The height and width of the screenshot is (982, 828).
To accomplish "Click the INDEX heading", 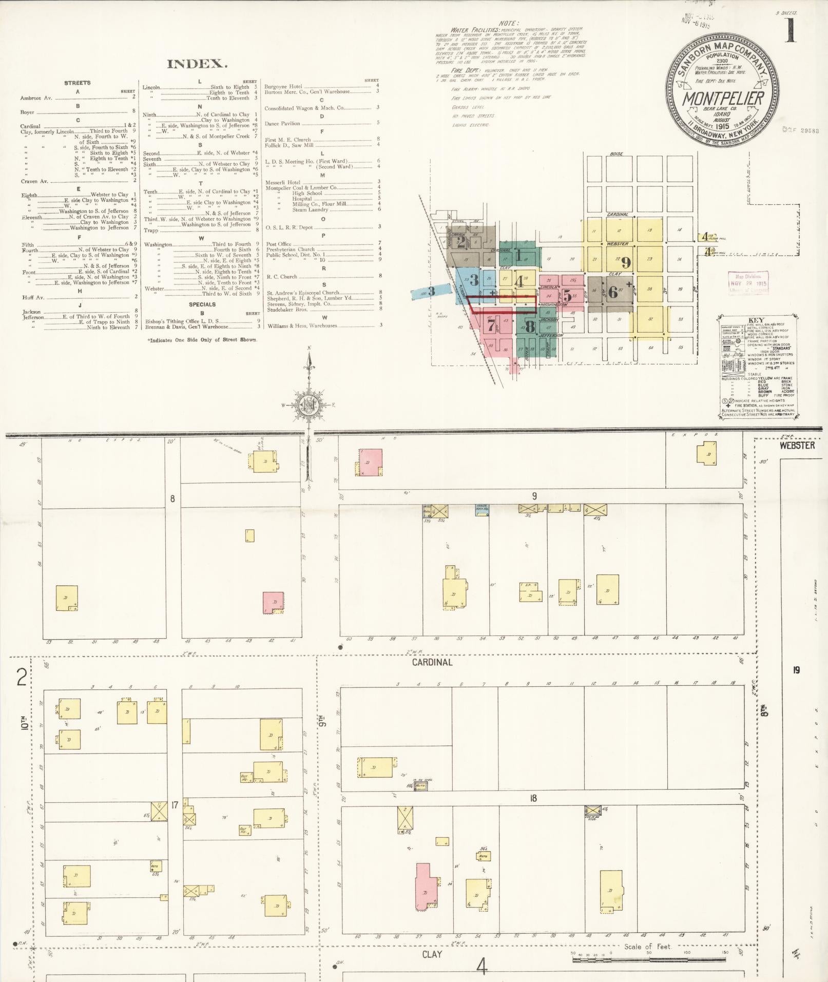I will (196, 64).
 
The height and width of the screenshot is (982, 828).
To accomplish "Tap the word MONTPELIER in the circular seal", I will (723, 98).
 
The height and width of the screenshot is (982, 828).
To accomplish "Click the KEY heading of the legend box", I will (756, 320).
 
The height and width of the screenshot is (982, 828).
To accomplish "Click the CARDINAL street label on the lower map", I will (432, 662).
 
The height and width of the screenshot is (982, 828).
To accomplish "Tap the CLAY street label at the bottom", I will (432, 954).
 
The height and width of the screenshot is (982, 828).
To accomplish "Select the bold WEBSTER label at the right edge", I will (797, 446).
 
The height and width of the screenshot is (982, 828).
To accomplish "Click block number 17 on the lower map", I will (175, 805).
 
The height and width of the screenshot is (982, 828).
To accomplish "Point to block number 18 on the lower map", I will (533, 798).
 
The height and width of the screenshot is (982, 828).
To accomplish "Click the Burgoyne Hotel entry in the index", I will (283, 87).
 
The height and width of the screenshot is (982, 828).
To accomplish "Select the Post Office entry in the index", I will (279, 244).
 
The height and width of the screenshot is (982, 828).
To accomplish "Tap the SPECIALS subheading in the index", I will (202, 304).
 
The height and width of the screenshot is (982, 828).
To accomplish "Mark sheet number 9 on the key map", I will (626, 263).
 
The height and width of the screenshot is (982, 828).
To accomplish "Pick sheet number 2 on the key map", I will (460, 242).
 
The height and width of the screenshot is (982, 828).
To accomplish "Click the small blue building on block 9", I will (482, 510).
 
